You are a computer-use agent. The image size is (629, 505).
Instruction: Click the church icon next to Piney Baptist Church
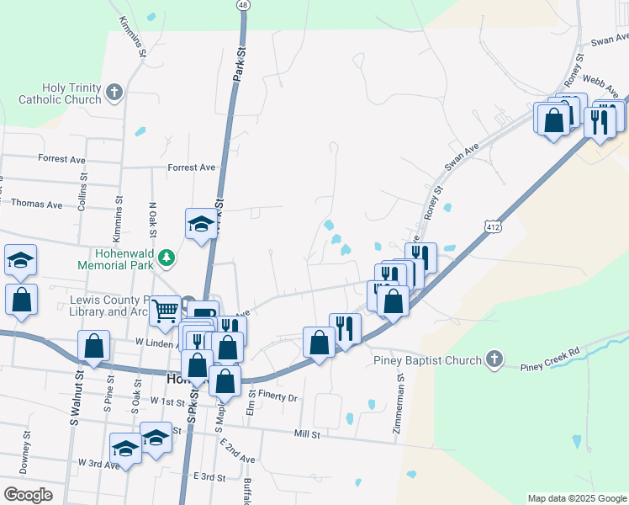pos(494,360)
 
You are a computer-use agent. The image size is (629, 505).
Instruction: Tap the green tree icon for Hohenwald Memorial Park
pos(168,257)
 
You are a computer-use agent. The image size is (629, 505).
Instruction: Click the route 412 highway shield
pos(494,225)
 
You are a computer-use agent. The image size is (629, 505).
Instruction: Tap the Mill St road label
pos(307,434)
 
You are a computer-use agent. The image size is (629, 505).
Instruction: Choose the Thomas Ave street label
pos(37,205)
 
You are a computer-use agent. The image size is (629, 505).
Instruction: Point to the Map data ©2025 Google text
pos(576,498)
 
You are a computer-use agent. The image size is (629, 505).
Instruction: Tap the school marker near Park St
pos(202,224)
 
